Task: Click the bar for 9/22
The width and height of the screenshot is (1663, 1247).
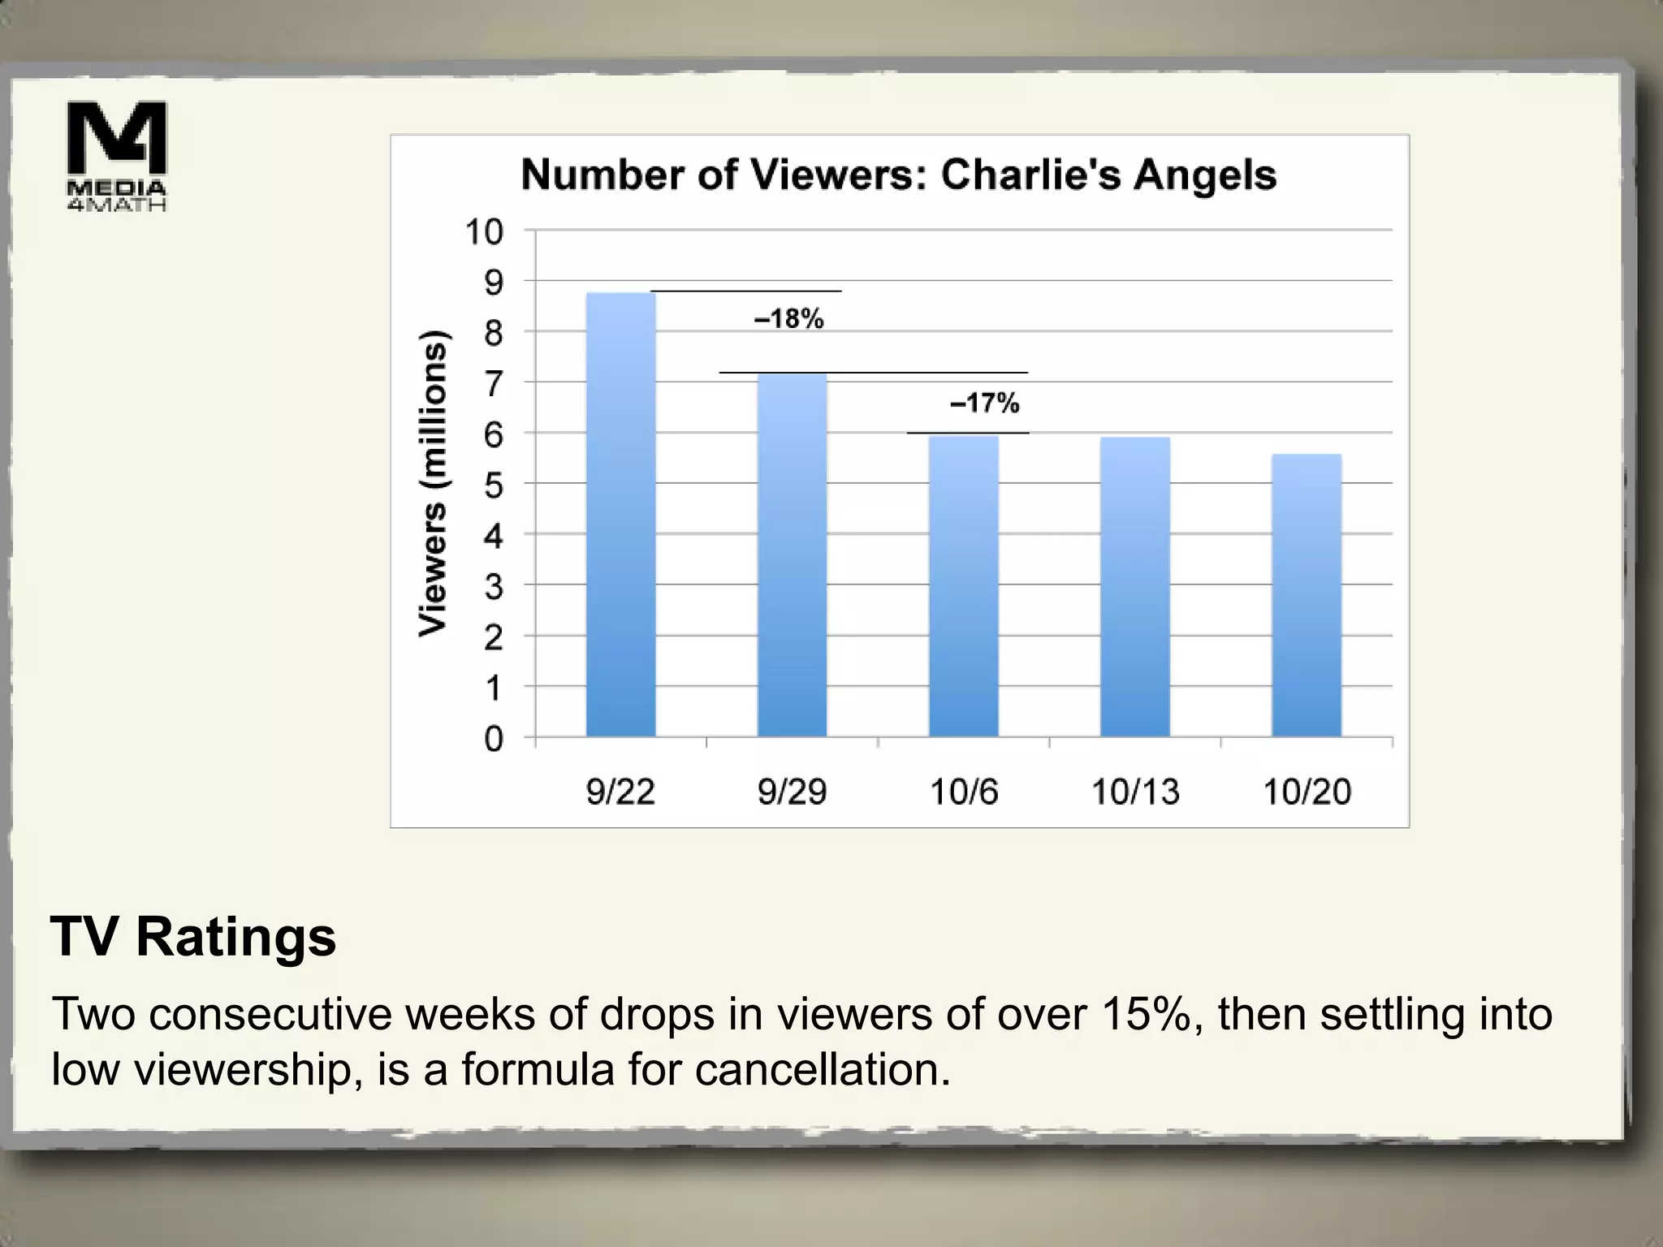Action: pos(620,515)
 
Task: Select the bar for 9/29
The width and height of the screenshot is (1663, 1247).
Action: pos(792,555)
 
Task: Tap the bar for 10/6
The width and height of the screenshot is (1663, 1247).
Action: pos(964,586)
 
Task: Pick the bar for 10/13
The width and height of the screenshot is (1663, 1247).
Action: pos(1135,587)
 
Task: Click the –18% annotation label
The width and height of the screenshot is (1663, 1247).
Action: pos(789,319)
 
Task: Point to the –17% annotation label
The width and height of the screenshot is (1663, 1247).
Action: pos(985,403)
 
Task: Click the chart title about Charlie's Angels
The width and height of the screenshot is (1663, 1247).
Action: pos(899,175)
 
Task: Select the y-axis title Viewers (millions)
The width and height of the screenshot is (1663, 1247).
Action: pos(433,484)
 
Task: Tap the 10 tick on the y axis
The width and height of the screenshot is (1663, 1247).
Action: pos(484,232)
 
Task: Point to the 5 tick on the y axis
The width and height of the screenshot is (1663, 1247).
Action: pos(494,485)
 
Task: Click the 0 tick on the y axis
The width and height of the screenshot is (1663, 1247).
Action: pos(494,739)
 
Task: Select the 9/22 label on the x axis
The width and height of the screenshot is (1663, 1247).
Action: pos(620,792)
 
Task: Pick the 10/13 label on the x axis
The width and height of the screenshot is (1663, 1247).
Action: pos(1135,792)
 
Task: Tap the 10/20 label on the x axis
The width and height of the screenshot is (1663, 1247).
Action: pos(1307,792)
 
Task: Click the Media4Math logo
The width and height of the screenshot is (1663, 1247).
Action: pos(117,156)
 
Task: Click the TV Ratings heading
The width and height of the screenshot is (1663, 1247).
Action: pos(193,937)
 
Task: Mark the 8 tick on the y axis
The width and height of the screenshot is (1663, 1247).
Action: pos(494,333)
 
